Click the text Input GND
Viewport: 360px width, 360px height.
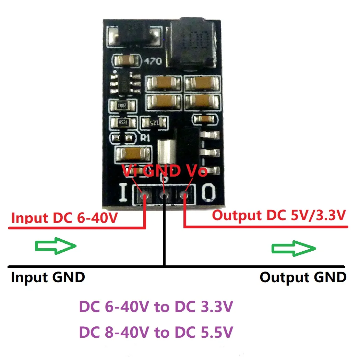pyautogui.click(x=48, y=277)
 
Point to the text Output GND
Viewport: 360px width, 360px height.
pyautogui.click(x=303, y=277)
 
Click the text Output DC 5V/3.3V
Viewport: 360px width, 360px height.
pyautogui.click(x=278, y=216)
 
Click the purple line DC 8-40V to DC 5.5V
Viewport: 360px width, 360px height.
pyautogui.click(x=156, y=332)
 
